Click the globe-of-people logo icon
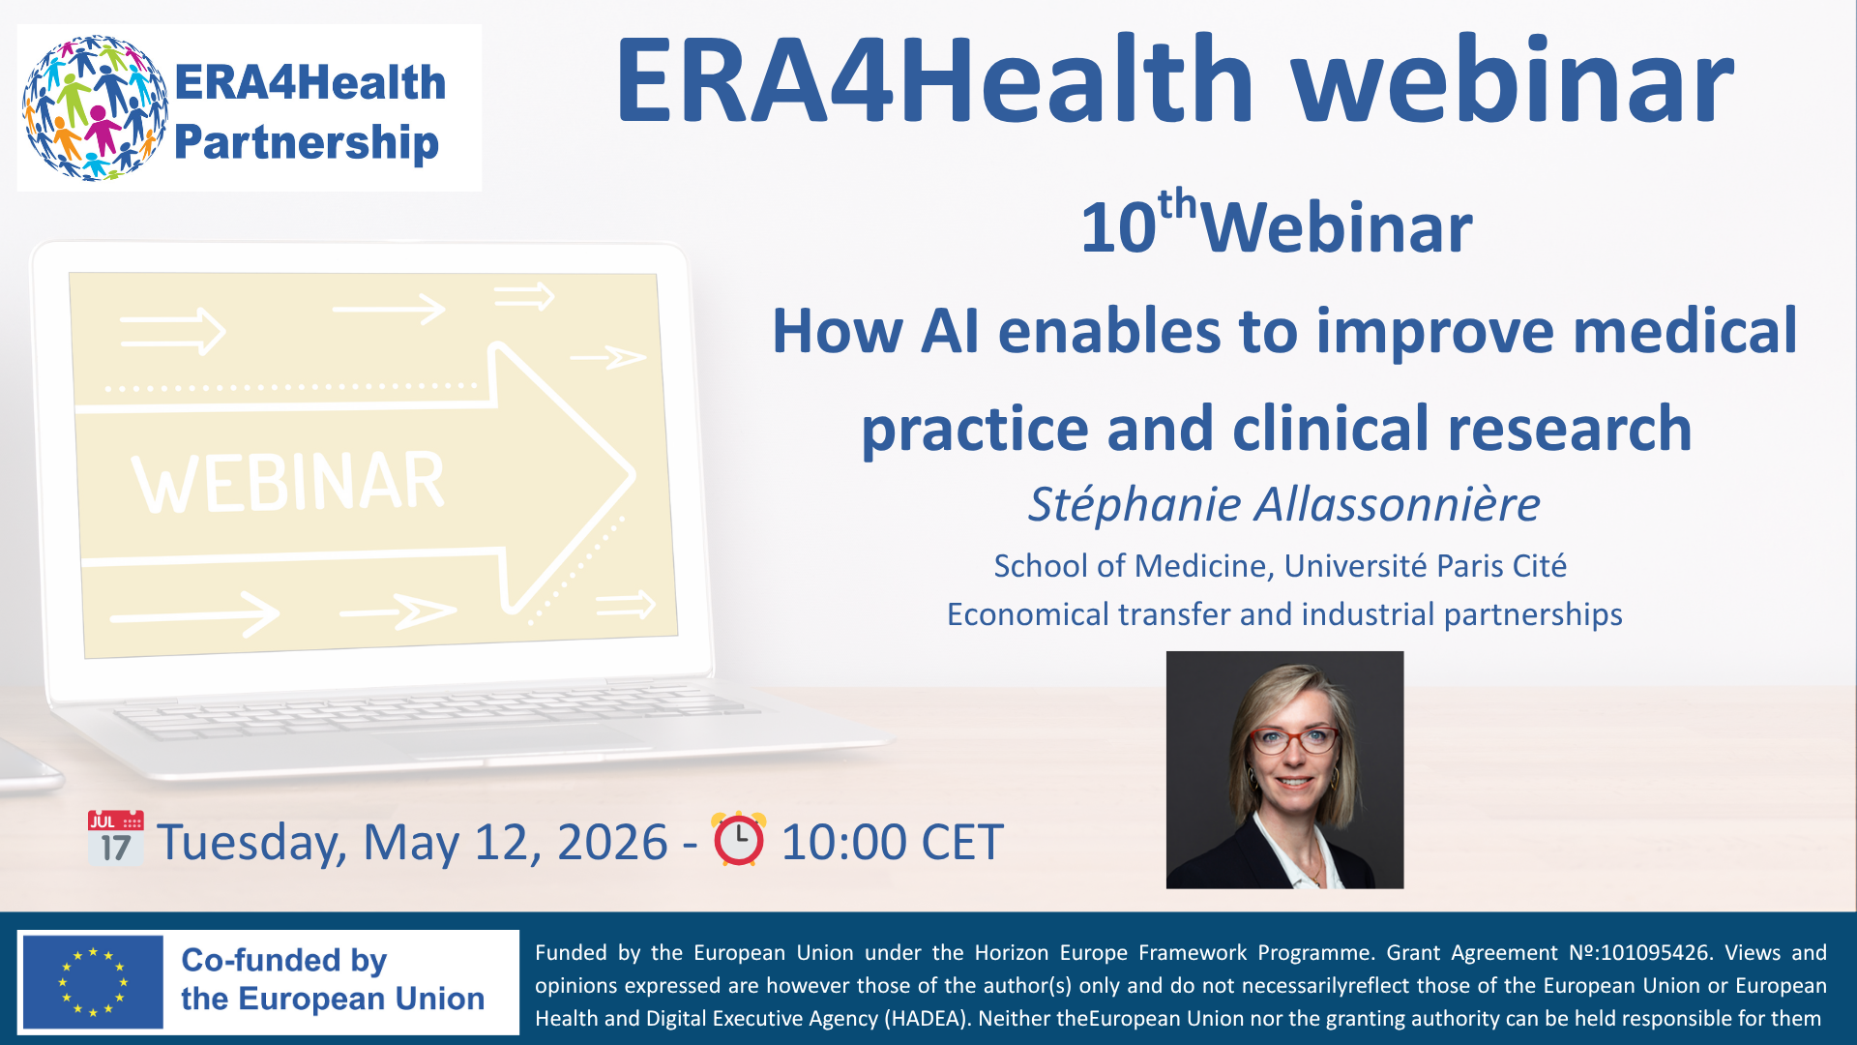(x=94, y=107)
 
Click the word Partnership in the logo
(x=307, y=142)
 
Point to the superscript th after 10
(x=1177, y=204)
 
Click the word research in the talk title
(x=1569, y=429)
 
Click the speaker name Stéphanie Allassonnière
(x=1283, y=504)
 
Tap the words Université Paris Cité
(x=1425, y=566)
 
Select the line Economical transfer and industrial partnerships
(x=1283, y=614)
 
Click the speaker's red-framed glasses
(x=1294, y=741)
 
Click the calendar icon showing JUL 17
(x=115, y=838)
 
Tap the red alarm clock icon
(x=739, y=838)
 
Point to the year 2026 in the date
(x=612, y=842)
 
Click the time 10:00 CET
(x=892, y=842)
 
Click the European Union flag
(x=93, y=982)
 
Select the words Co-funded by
(x=283, y=960)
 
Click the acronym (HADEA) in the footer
(x=926, y=1018)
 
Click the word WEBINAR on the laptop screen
(x=288, y=482)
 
